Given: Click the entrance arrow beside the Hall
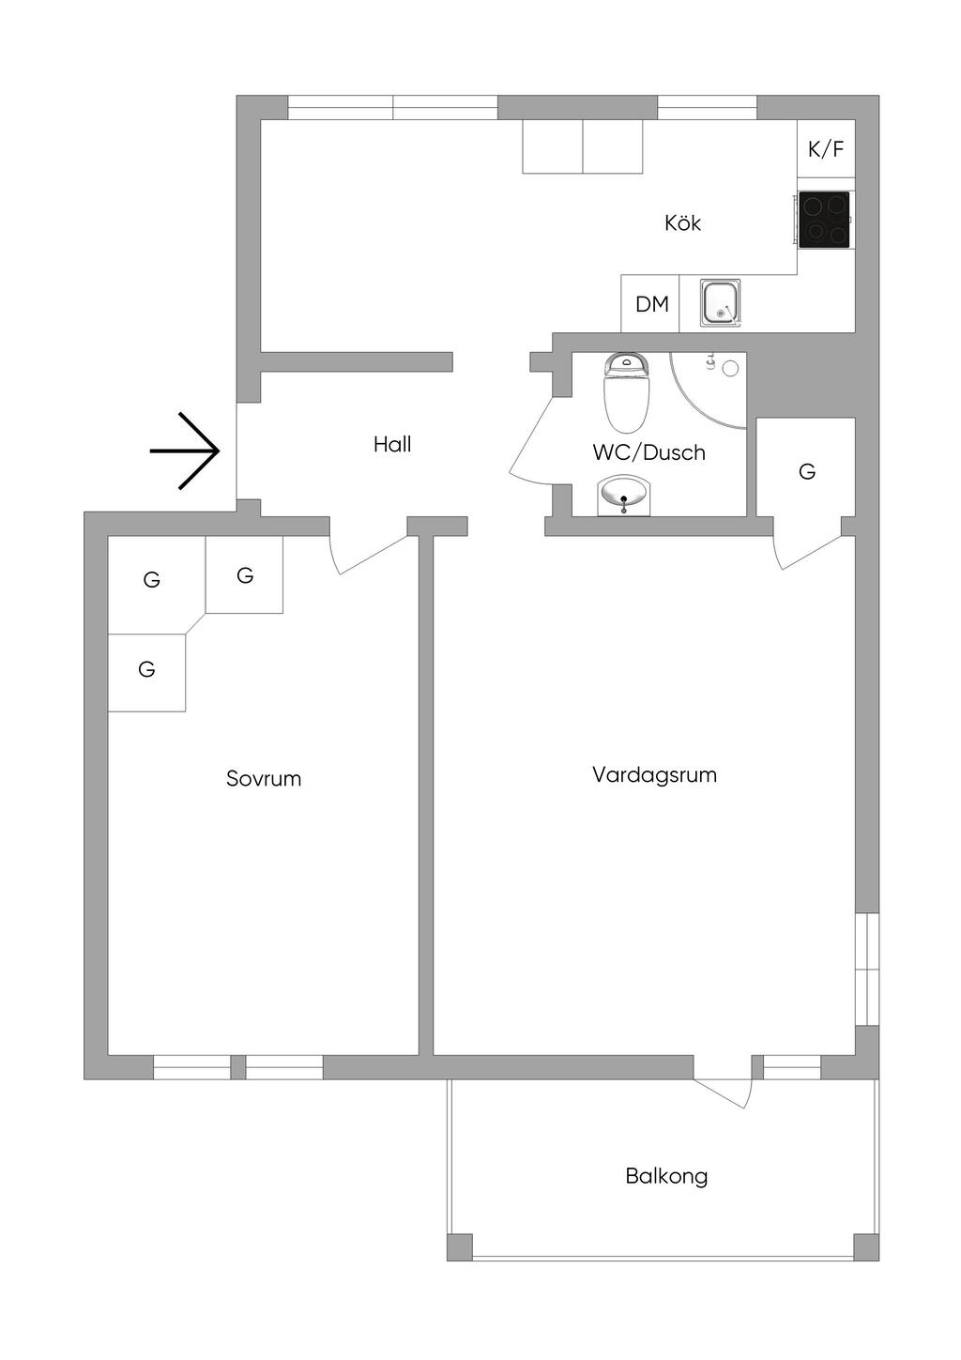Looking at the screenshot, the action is click(186, 451).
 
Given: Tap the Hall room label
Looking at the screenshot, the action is click(392, 445).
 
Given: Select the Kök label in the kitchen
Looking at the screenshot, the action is click(682, 223).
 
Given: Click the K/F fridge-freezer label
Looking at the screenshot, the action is click(826, 148).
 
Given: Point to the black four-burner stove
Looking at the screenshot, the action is click(825, 220).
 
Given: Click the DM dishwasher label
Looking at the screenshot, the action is click(651, 304).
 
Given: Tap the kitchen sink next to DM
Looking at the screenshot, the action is click(720, 303).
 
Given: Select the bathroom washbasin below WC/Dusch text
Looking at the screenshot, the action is click(624, 495).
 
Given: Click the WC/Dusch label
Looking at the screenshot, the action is click(648, 452).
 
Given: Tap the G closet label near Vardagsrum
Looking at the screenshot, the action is click(807, 471).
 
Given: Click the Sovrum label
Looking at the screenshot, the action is click(264, 778).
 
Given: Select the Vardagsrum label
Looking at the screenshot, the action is click(654, 775).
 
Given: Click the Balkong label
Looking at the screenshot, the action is click(666, 1176).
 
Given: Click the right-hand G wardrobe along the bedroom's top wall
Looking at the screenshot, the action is click(244, 575).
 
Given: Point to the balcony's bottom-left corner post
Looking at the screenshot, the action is click(459, 1247).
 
